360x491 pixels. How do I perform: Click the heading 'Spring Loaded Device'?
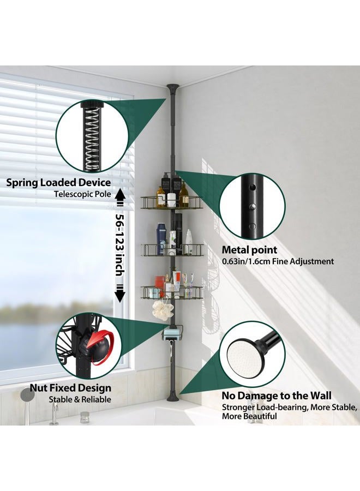(x=58, y=183)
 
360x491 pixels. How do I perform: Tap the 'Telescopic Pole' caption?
(x=82, y=194)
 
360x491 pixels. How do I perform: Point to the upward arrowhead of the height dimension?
(x=120, y=195)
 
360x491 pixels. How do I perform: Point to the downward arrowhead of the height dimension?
(x=120, y=295)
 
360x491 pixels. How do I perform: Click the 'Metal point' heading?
(x=249, y=250)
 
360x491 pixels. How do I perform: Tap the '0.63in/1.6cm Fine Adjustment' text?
(x=278, y=261)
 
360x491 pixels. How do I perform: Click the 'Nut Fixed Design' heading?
(x=70, y=388)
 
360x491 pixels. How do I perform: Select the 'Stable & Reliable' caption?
(x=80, y=399)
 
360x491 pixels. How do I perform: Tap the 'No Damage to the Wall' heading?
(x=277, y=396)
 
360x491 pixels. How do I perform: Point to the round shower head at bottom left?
(x=28, y=394)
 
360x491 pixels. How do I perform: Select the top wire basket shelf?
(x=171, y=202)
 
